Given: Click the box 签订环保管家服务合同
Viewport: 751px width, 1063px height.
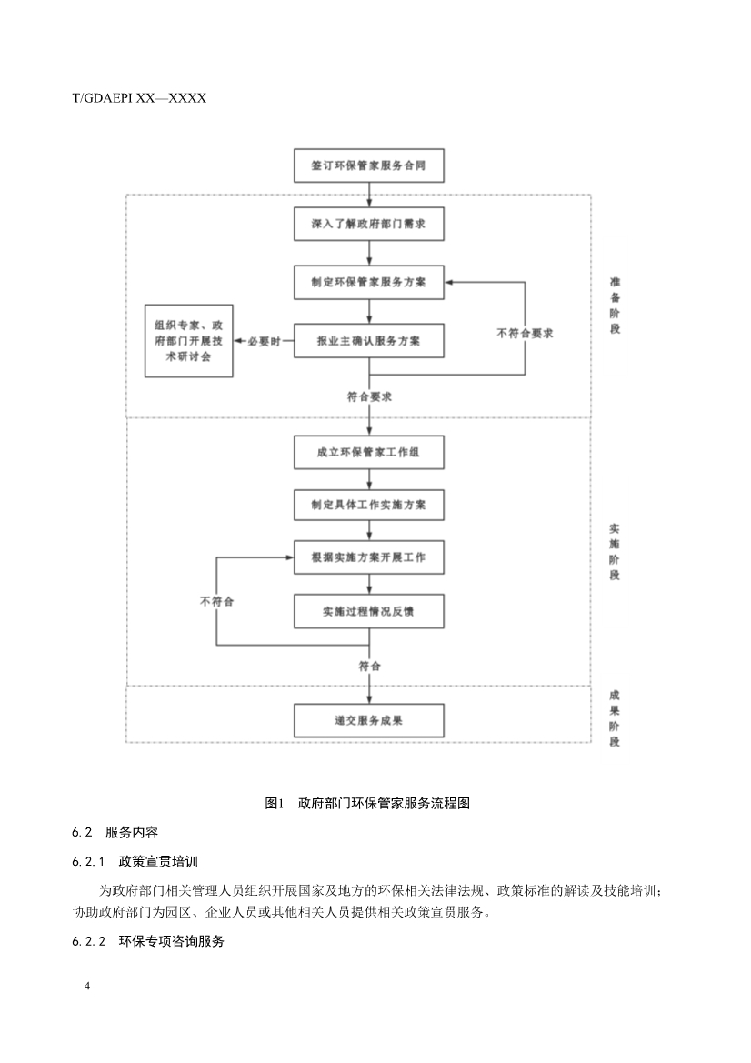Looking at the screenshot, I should tap(368, 167).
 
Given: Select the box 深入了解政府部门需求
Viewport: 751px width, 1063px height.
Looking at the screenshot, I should tap(368, 224).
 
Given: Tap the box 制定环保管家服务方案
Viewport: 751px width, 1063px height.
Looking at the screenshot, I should tap(368, 282).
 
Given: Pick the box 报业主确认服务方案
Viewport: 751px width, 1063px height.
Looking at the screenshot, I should tap(368, 341).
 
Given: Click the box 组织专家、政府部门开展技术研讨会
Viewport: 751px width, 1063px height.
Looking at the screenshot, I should tap(189, 341).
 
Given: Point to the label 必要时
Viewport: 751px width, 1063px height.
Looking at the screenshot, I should tap(264, 341).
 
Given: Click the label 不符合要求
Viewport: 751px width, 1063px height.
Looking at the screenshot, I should tap(526, 333).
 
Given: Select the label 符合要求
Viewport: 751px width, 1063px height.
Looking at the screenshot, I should tap(369, 396).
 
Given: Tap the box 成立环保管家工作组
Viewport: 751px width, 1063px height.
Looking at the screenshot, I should tap(368, 452).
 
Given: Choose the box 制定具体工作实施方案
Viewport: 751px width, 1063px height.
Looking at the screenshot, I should tap(368, 503).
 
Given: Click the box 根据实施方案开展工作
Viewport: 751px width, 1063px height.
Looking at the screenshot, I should tap(368, 557).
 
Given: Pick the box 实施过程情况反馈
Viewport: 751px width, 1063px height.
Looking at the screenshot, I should tap(368, 612).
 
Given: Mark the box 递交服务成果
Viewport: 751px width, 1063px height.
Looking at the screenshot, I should tap(368, 720).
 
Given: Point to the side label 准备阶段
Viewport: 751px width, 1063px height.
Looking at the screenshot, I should tap(615, 306).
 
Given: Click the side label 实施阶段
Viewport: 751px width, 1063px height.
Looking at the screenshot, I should tap(615, 551).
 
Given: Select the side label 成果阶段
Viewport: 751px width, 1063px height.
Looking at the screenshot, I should tap(615, 718).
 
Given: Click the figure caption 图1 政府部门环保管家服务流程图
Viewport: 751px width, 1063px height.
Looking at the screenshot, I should tap(366, 803).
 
